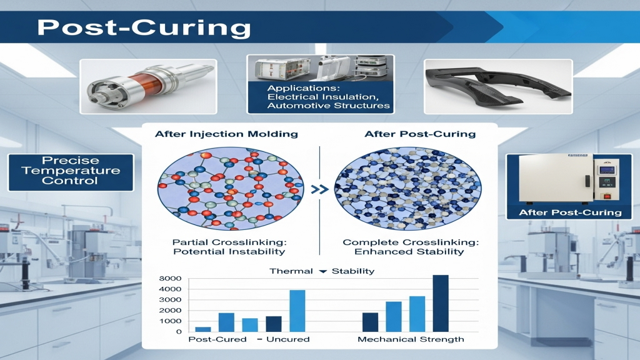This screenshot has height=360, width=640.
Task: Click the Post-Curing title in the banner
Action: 144,27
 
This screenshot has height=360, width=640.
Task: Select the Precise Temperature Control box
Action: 71,172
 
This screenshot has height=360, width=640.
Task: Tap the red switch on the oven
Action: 607,196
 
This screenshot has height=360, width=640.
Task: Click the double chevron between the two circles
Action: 319,189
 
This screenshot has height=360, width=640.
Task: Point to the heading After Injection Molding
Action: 226,134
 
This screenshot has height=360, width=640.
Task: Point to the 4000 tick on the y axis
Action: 170,289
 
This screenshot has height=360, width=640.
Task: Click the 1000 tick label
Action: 170,321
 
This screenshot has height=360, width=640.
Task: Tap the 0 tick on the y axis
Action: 179,331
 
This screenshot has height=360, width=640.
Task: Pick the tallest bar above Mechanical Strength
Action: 441,303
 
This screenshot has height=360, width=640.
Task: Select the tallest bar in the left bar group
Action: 297,311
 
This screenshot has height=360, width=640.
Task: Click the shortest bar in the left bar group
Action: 203,329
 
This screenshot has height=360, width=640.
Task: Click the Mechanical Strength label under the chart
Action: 411,339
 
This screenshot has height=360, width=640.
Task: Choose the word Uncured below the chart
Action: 287,339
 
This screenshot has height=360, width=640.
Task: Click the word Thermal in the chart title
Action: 291,271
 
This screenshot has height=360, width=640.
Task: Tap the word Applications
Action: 303,88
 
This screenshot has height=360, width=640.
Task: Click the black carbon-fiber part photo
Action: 498,86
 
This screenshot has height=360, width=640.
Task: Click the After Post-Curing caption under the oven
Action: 570,212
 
